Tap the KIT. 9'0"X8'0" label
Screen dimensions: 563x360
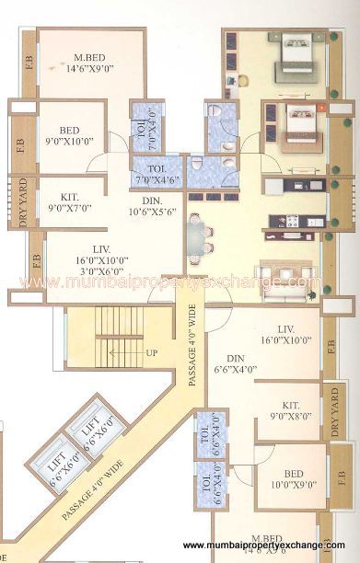292,410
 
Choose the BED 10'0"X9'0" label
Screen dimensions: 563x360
294,480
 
